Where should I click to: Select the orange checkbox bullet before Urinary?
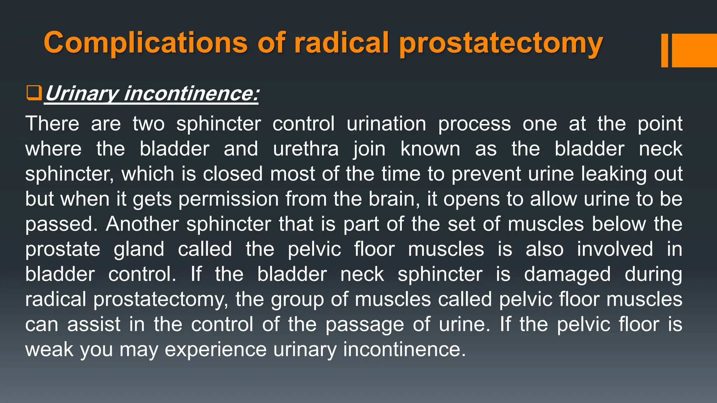34,93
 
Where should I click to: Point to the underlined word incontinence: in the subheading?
192,94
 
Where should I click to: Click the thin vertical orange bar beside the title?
664,50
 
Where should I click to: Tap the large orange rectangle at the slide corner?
694,50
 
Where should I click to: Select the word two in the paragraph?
148,124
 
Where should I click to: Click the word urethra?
306,149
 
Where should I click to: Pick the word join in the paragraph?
369,149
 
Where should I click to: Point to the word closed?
233,174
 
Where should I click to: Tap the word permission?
229,199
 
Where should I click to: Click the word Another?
142,224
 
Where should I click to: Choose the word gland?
139,249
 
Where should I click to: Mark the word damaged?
567,275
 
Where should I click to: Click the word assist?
94,324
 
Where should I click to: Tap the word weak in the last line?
49,349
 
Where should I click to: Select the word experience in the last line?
216,350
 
